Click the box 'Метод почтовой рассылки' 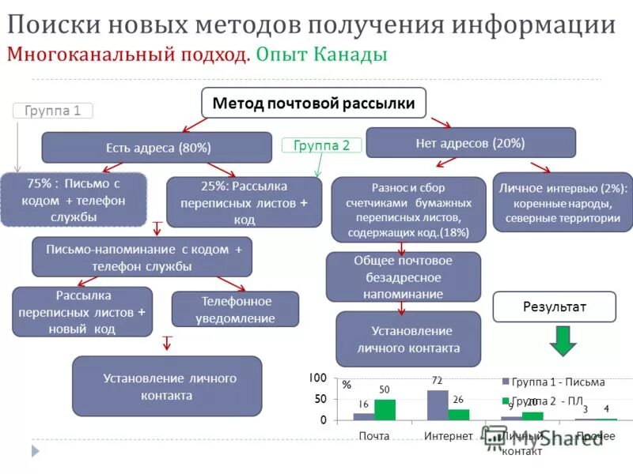pyautogui.click(x=313, y=103)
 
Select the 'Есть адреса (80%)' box pyautogui.click(x=158, y=148)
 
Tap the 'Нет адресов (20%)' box pyautogui.click(x=470, y=143)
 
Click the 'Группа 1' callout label pyautogui.click(x=53, y=111)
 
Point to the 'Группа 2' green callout pyautogui.click(x=321, y=145)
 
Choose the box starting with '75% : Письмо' pyautogui.click(x=72, y=199)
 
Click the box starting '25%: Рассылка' pyautogui.click(x=244, y=202)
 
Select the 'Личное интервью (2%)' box pyautogui.click(x=562, y=203)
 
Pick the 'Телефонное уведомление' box pyautogui.click(x=236, y=310)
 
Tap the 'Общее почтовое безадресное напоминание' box pyautogui.click(x=403, y=276)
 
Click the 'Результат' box pyautogui.click(x=554, y=307)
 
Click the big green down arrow pyautogui.click(x=563, y=340)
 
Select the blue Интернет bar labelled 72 pyautogui.click(x=438, y=404)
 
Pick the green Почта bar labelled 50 pyautogui.click(x=385, y=409)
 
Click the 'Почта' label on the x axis pyautogui.click(x=373, y=436)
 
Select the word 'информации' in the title pyautogui.click(x=540, y=24)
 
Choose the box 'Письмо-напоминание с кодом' pyautogui.click(x=142, y=257)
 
